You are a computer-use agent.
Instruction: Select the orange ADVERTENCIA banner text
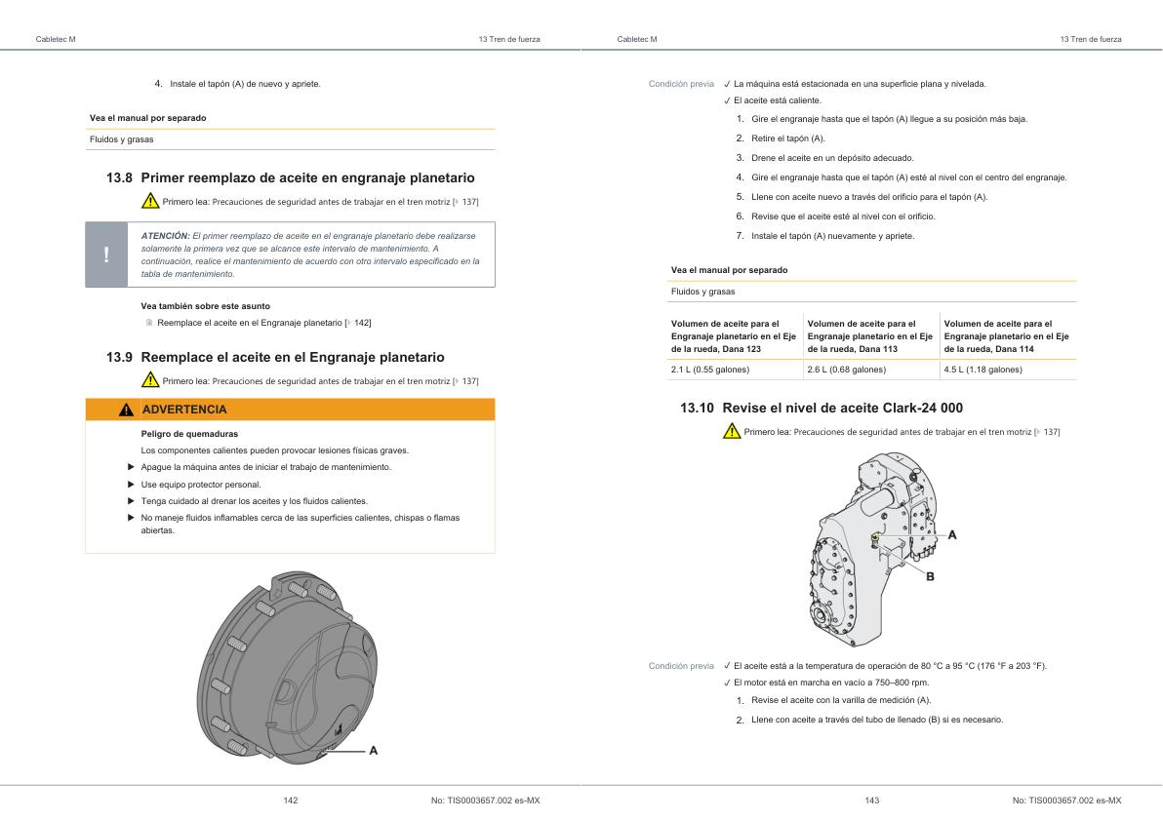coord(184,410)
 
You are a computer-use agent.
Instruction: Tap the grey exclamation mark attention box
coord(106,254)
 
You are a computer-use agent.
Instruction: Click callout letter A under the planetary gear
coord(373,750)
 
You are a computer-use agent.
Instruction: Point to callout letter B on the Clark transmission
coord(929,576)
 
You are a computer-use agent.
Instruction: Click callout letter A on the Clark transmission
coord(952,534)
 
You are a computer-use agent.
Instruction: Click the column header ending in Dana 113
coord(869,335)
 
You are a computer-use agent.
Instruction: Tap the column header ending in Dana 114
coord(1006,335)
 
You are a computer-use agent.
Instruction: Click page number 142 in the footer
coord(290,801)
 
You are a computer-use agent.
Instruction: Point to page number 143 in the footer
coord(871,801)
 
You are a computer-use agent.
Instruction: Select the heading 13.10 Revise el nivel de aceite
coord(822,408)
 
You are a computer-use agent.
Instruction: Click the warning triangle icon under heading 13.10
coord(731,432)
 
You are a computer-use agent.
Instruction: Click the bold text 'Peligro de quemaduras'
coord(189,433)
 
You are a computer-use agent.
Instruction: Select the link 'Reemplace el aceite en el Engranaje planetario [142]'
coord(262,322)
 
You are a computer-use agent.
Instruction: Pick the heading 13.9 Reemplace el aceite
coord(274,357)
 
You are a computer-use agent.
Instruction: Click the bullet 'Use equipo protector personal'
coord(201,484)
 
